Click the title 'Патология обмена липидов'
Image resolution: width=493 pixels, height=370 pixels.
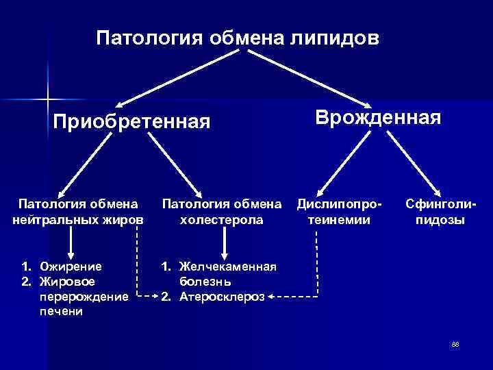click(237, 36)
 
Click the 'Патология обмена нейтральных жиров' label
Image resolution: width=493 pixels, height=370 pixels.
click(78, 212)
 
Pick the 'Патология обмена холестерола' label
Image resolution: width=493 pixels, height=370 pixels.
click(221, 212)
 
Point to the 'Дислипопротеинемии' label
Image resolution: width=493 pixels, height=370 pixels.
click(339, 212)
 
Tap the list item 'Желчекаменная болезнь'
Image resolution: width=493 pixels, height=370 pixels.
click(227, 273)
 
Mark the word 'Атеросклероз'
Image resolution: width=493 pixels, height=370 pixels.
click(222, 297)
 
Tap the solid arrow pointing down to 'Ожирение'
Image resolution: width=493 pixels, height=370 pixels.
click(71, 243)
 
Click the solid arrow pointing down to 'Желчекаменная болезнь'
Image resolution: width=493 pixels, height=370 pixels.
click(225, 243)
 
